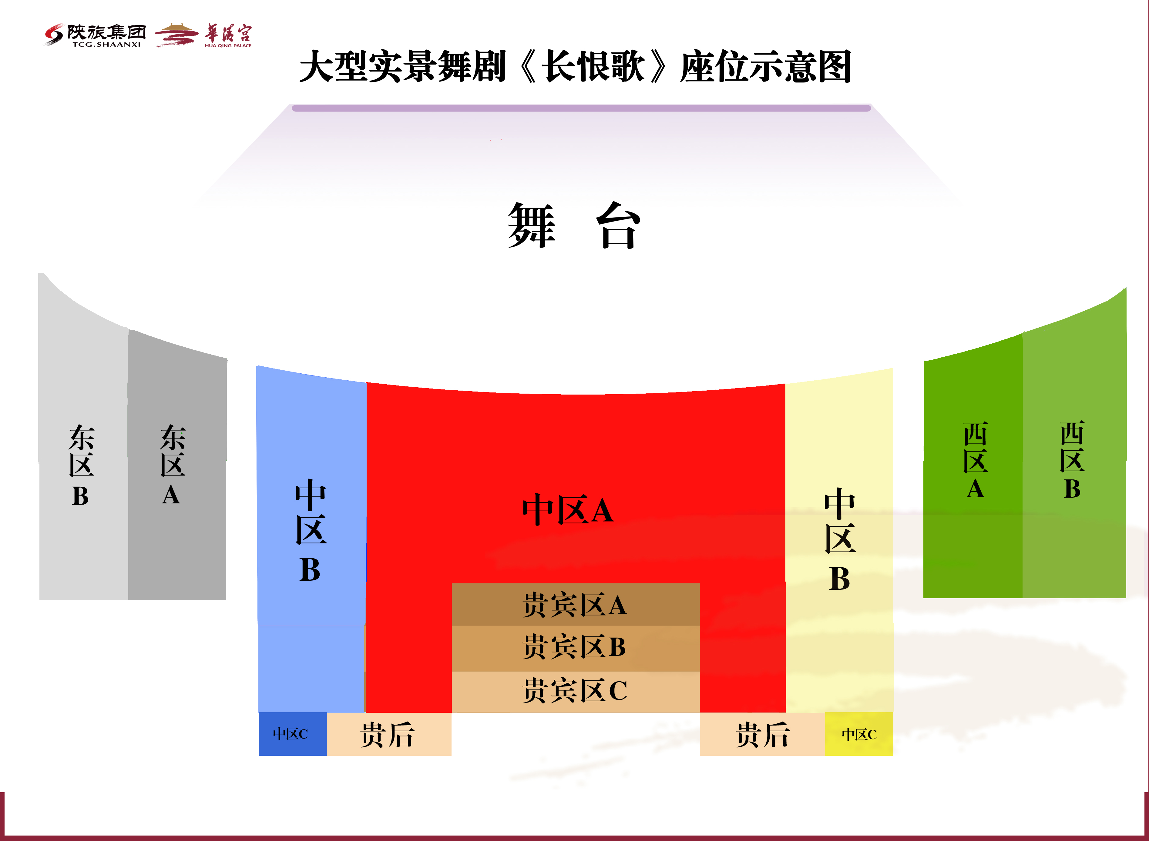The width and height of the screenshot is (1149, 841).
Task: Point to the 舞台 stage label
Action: tap(574, 225)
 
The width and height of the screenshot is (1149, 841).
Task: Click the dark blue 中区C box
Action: tap(292, 734)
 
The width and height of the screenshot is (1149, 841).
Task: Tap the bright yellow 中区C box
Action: tap(859, 734)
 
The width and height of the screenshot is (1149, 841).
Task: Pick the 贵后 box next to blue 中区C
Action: tap(388, 734)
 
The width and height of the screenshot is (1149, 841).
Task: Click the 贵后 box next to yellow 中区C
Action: tap(762, 734)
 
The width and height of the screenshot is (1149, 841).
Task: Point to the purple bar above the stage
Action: tap(581, 108)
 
